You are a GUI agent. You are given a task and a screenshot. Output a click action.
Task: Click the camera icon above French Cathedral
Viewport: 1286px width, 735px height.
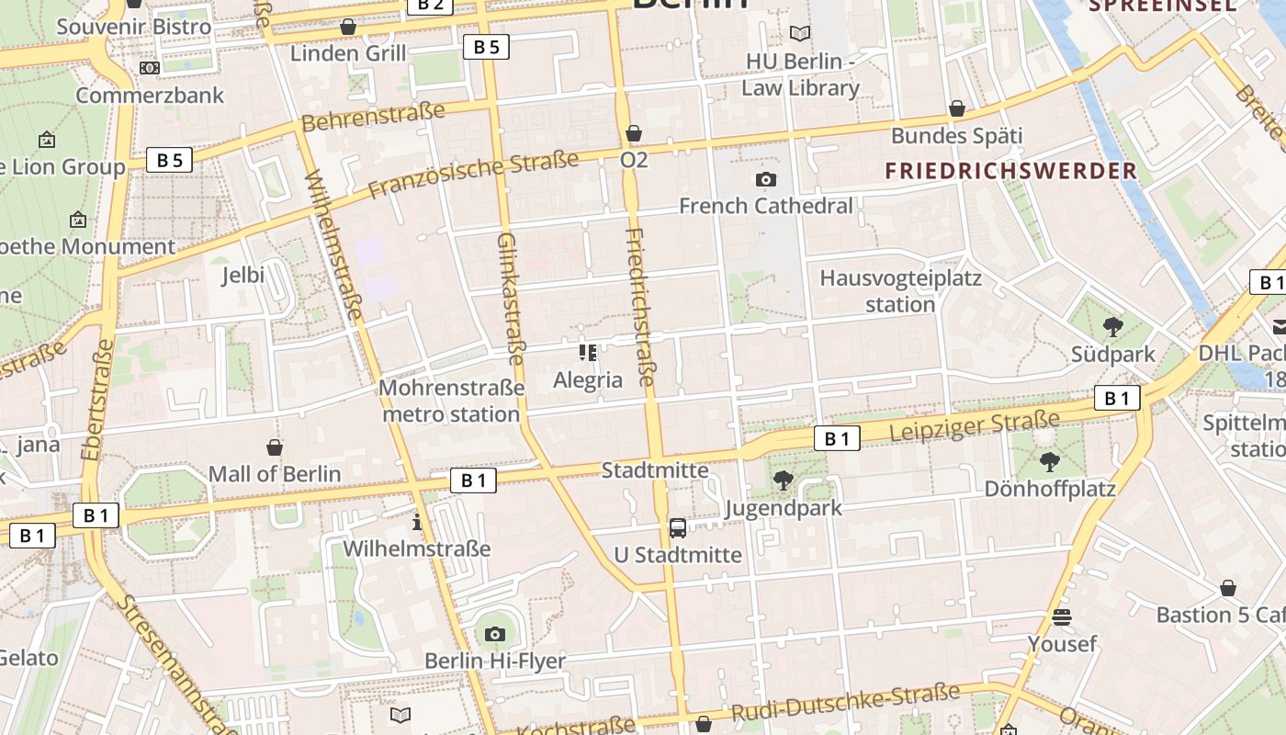pos(765,180)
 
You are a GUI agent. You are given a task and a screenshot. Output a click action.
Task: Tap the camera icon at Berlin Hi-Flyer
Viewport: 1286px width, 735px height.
pos(495,634)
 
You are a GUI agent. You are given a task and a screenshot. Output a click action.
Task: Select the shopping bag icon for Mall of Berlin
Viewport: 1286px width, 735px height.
pos(274,447)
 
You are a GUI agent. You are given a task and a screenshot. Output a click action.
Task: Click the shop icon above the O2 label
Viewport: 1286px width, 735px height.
pos(633,134)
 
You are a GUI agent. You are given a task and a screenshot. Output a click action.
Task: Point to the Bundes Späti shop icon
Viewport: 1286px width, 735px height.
pos(956,109)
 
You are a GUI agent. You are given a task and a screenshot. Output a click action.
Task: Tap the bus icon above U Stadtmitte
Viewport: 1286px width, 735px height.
pos(677,528)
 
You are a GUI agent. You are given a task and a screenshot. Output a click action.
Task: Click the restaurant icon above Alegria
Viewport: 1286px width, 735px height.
pos(588,353)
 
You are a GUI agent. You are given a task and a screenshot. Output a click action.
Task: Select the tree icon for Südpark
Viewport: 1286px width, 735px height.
pos(1112,326)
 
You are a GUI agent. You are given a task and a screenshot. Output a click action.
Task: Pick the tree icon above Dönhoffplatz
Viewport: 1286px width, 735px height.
pos(1049,461)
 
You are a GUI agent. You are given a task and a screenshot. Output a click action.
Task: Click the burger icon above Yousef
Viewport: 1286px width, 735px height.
pos(1062,617)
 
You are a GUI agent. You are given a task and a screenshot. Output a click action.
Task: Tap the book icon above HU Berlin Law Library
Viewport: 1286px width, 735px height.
pos(800,34)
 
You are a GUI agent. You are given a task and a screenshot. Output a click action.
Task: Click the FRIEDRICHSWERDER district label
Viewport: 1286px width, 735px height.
pos(1010,171)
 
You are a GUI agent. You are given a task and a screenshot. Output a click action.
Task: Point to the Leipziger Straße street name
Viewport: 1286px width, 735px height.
pos(975,426)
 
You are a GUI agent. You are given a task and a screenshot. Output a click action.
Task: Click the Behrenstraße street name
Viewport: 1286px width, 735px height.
pos(373,116)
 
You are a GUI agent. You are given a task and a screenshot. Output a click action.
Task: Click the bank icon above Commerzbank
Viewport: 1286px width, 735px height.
pos(149,68)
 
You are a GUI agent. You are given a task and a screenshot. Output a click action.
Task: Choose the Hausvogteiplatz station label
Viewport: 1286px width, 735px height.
pos(900,290)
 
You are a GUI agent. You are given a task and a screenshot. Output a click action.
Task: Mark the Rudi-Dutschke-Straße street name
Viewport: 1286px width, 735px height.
pos(845,703)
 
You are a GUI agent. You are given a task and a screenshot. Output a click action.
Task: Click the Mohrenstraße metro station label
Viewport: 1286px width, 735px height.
pos(451,401)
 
